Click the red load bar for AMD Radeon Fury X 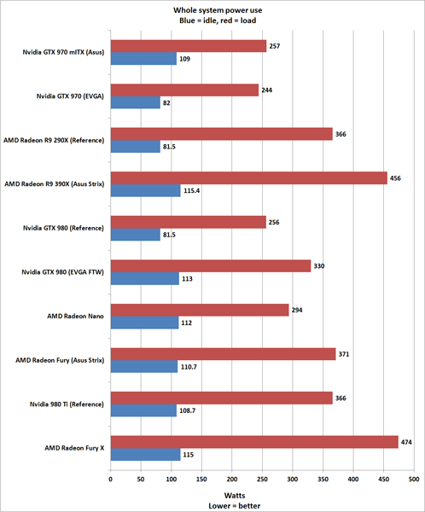point(254,441)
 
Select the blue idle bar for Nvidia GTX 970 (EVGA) point(135,102)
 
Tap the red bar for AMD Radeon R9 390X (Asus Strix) point(248,177)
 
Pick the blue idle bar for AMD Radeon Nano point(144,323)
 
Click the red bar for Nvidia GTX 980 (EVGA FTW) point(210,265)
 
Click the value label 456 point(402,177)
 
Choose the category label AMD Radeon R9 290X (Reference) point(54,140)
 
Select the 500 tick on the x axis point(414,480)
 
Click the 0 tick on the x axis point(110,480)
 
